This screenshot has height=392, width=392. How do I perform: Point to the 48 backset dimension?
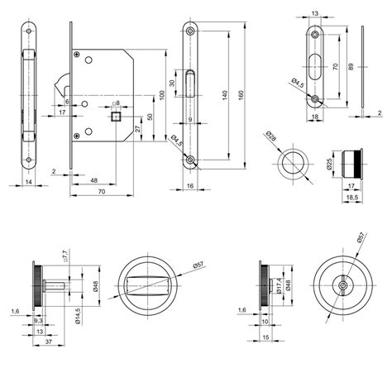[x=93, y=179]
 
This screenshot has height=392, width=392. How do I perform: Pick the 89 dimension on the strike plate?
[x=353, y=65]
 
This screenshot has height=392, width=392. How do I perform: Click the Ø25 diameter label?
[x=328, y=164]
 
